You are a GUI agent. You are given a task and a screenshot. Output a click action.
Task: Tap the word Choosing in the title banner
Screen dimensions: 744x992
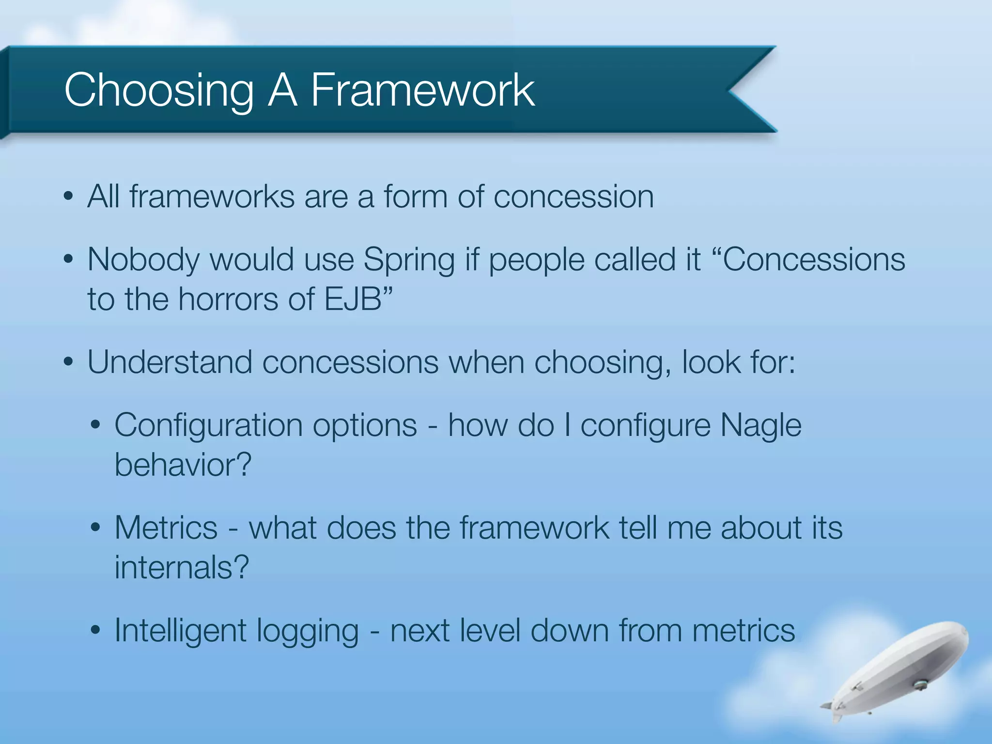pyautogui.click(x=159, y=91)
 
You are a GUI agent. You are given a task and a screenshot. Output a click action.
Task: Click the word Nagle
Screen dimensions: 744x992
pyautogui.click(x=760, y=425)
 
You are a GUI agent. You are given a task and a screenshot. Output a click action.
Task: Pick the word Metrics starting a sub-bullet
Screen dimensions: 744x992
pyautogui.click(x=166, y=527)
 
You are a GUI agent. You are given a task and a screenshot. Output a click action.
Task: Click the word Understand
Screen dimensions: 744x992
pyautogui.click(x=170, y=362)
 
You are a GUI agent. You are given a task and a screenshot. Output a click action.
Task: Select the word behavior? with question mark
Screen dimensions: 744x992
pyautogui.click(x=183, y=465)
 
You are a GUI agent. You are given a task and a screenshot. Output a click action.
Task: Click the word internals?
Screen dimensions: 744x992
pyautogui.click(x=182, y=567)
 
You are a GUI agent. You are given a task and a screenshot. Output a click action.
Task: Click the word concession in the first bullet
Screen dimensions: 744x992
pyautogui.click(x=573, y=197)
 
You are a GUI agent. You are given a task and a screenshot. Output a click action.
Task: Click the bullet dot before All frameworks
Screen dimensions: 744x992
pyautogui.click(x=69, y=197)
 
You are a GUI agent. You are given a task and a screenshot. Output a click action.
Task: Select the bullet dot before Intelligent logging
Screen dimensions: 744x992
pyautogui.click(x=95, y=631)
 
